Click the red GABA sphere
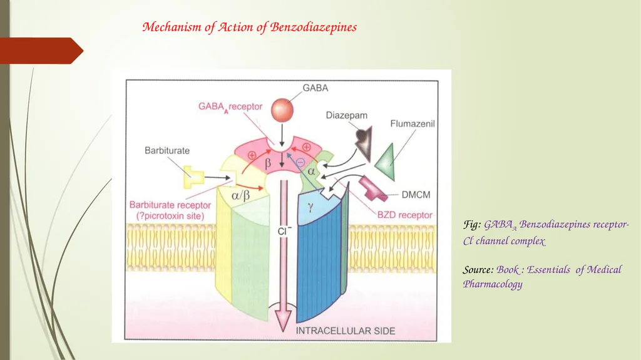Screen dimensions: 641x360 (x=282, y=110)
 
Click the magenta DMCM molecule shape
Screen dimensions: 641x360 (x=372, y=188)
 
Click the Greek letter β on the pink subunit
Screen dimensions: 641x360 (x=268, y=163)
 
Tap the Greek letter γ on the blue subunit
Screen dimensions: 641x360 (x=310, y=207)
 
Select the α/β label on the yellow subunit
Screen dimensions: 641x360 (x=241, y=195)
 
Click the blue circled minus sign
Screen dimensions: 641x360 (x=300, y=162)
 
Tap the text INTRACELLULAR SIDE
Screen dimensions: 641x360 (x=346, y=331)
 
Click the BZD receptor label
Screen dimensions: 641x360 (x=404, y=215)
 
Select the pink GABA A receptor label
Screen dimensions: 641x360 (x=230, y=107)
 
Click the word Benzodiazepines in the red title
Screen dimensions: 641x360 (x=313, y=27)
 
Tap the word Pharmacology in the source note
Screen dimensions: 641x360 (x=493, y=284)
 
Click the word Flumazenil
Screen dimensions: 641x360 (x=412, y=123)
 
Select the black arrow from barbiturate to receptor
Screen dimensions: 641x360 (x=217, y=178)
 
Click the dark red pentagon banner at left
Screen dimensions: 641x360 (x=41, y=51)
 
